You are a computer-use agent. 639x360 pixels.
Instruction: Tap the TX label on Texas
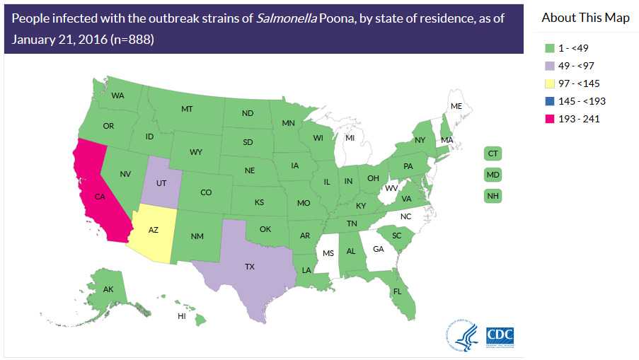pyautogui.click(x=249, y=267)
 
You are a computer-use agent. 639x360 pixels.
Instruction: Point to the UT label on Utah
pyautogui.click(x=161, y=182)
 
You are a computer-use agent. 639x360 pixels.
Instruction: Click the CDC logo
pyautogui.click(x=500, y=335)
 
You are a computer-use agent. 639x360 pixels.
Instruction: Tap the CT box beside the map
pyautogui.click(x=493, y=153)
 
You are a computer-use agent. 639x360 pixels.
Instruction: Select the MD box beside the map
pyautogui.click(x=493, y=175)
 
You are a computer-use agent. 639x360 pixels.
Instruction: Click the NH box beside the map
pyautogui.click(x=493, y=196)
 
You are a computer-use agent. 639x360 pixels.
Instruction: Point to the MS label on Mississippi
pyautogui.click(x=327, y=253)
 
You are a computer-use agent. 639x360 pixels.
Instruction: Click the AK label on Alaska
pyautogui.click(x=108, y=289)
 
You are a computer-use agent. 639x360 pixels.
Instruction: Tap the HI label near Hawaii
pyautogui.click(x=181, y=316)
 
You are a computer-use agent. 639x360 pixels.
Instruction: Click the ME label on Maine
pyautogui.click(x=456, y=106)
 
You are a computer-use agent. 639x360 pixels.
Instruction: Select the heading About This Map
pyautogui.click(x=585, y=18)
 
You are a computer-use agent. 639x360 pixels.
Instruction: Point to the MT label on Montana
pyautogui.click(x=187, y=109)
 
